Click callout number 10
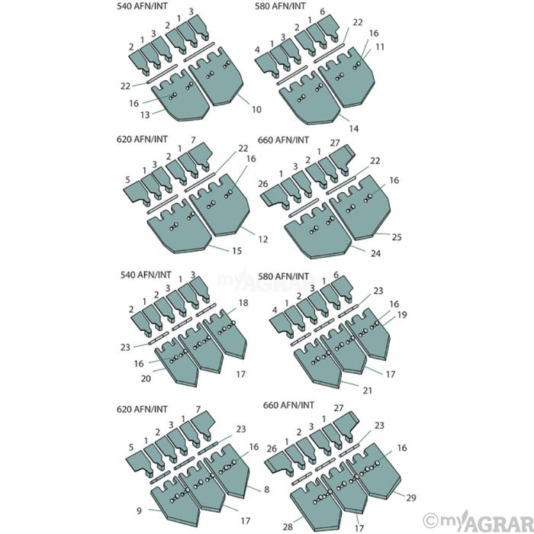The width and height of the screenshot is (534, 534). tap(256, 109)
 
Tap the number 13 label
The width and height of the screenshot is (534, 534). tap(145, 114)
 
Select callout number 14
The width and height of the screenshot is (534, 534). tap(354, 128)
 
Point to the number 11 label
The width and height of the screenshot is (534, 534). tap(380, 47)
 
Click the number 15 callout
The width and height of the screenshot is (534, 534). tap(236, 251)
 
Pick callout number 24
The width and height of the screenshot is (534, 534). tap(375, 253)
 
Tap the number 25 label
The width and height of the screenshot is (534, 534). tap(397, 237)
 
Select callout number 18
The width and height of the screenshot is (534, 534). tap(243, 303)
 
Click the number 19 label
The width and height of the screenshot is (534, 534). tap(402, 314)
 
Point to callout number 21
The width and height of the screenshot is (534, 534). tap(367, 391)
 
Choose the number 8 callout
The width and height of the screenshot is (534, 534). tap(267, 490)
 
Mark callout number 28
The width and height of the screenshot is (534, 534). tap(288, 527)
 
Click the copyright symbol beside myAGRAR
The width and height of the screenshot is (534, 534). tap(430, 521)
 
